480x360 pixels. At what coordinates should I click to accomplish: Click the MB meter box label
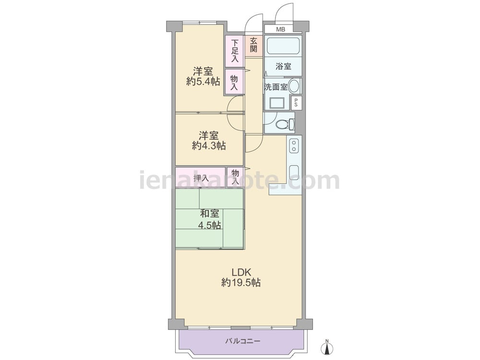tap(281, 29)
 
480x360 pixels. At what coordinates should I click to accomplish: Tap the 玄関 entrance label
tap(253, 46)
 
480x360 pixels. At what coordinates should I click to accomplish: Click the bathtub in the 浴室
tap(283, 47)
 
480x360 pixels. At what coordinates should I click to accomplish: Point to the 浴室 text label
tap(283, 66)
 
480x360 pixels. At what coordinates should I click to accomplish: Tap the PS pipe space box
tap(296, 103)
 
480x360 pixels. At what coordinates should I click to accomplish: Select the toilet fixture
tap(286, 124)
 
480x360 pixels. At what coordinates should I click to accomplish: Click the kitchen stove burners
tap(294, 145)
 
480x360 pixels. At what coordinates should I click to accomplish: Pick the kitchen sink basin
tap(294, 171)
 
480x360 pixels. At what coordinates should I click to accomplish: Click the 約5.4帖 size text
tap(203, 81)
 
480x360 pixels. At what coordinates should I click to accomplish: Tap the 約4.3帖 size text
tap(209, 145)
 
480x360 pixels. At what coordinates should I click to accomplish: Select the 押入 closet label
tap(201, 178)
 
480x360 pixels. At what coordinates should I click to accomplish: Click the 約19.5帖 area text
tap(241, 283)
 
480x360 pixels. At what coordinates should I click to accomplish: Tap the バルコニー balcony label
tap(242, 341)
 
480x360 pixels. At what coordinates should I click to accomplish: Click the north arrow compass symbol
tap(327, 348)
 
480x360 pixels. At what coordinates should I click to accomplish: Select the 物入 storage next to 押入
tap(235, 177)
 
